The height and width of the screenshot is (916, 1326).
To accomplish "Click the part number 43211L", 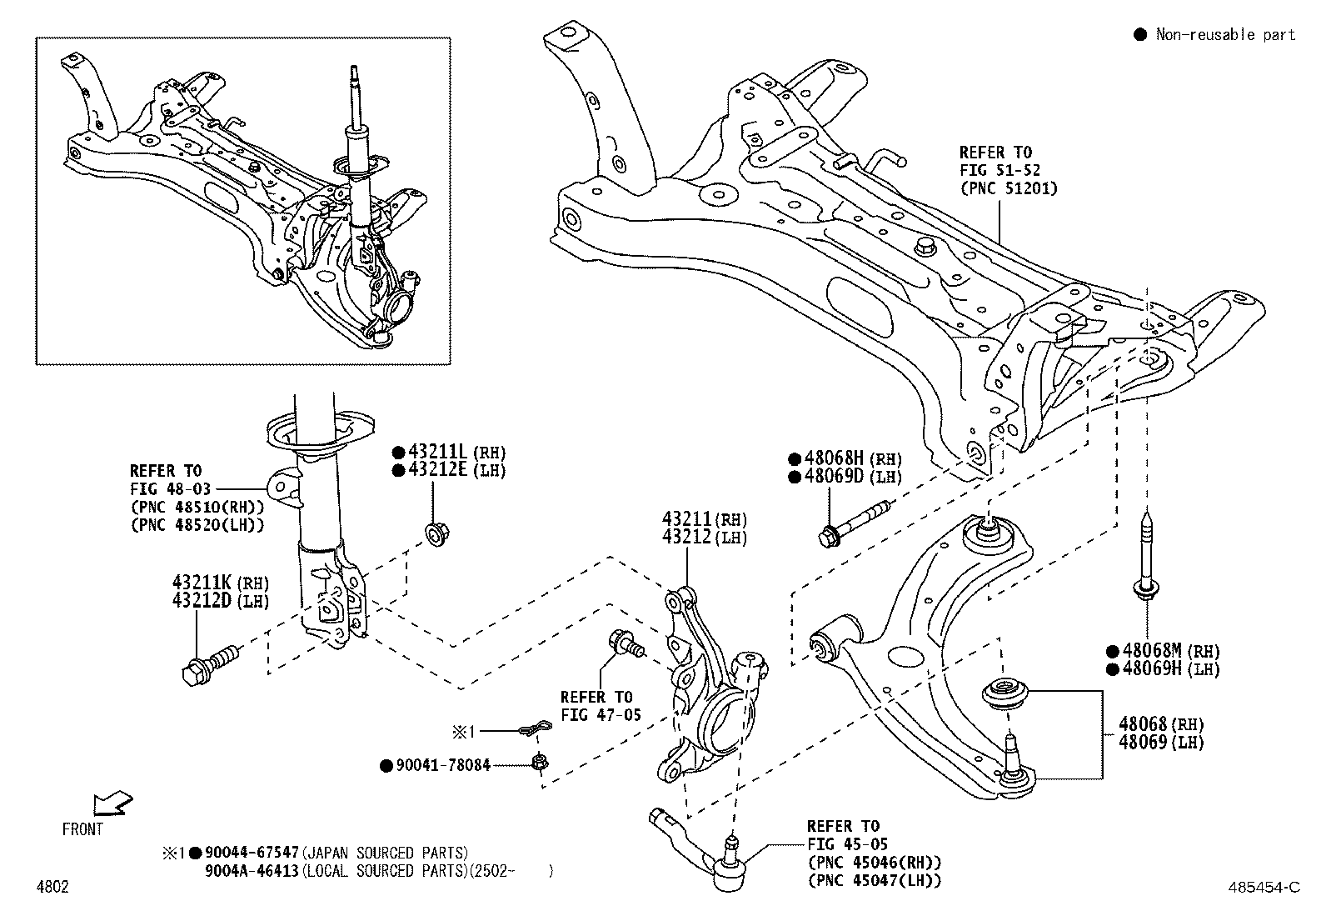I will pos(439,453).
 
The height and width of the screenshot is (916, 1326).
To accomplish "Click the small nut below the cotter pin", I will pos(539,761).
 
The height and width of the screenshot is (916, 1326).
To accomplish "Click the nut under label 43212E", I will pos(435,532).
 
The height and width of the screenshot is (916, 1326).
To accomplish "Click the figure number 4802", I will pos(52,887).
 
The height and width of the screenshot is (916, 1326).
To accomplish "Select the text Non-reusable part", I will pos(1225,34).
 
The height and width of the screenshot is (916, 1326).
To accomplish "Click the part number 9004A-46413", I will pos(251,871).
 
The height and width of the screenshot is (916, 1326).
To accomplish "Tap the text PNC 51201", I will pos(1008,188).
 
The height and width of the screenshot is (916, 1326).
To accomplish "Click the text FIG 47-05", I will pos(596,715).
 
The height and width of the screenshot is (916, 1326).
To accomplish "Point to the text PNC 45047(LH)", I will pos(874,880).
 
